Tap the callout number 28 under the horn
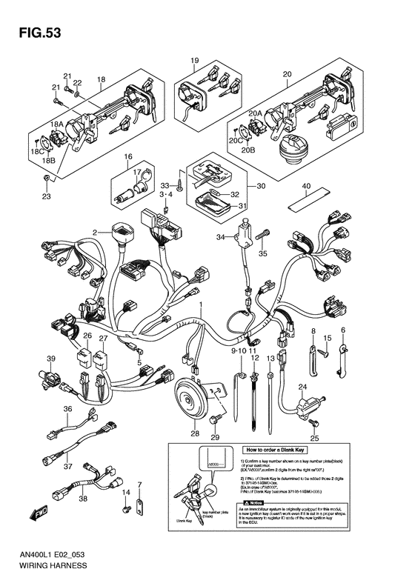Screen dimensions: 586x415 click(195, 433)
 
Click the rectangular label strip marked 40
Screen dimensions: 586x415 click(305, 200)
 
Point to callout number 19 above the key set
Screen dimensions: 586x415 click(194, 60)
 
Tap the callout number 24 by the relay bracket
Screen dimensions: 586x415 click(302, 387)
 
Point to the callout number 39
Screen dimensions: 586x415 click(51, 359)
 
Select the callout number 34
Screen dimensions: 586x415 click(220, 237)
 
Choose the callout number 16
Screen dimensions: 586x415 click(127, 157)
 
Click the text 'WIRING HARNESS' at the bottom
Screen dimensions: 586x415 click(44, 565)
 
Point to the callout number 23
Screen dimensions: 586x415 click(46, 196)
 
